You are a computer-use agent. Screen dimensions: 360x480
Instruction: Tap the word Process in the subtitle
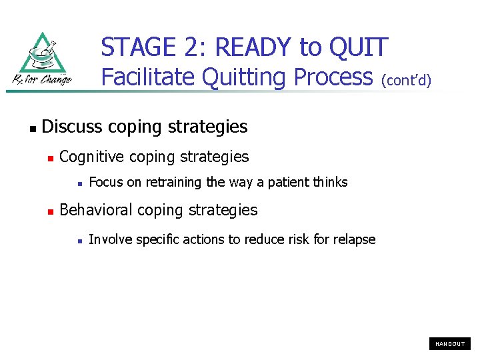pos(332,78)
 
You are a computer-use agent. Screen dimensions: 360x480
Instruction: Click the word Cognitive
pos(91,157)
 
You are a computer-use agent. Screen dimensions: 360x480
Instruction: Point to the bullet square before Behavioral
pos(50,211)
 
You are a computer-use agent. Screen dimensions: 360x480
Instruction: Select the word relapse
pos(354,240)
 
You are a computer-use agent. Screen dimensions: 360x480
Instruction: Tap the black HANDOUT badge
pos(450,344)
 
